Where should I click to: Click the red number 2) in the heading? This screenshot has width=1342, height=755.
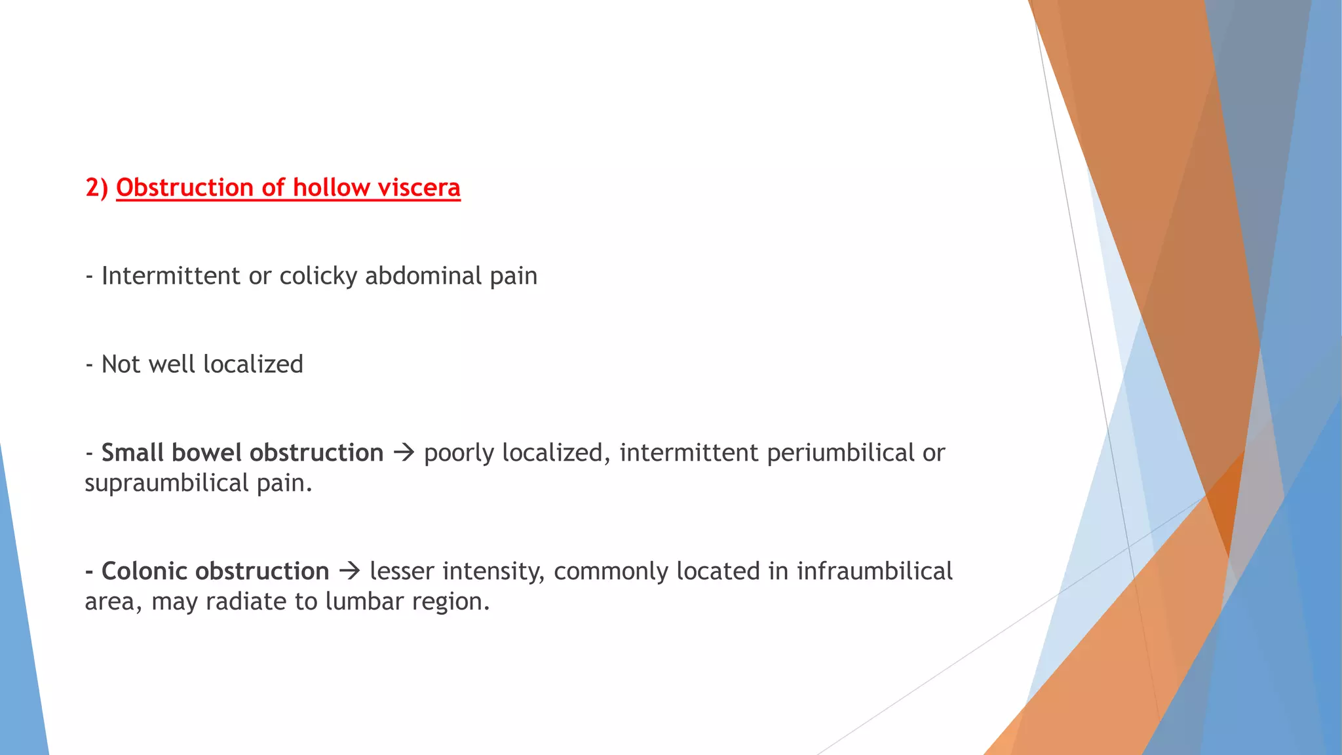96,188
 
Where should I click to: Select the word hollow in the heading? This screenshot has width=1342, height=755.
331,188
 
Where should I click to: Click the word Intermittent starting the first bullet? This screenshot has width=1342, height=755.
171,276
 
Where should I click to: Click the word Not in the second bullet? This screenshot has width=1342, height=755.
121,364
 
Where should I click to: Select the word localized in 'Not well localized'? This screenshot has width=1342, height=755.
253,364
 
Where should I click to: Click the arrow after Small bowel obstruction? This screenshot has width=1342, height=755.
404,453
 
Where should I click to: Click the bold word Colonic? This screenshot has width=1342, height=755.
144,571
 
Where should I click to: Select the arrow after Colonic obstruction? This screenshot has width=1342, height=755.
349,571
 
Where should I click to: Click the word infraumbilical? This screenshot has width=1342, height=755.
874,571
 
